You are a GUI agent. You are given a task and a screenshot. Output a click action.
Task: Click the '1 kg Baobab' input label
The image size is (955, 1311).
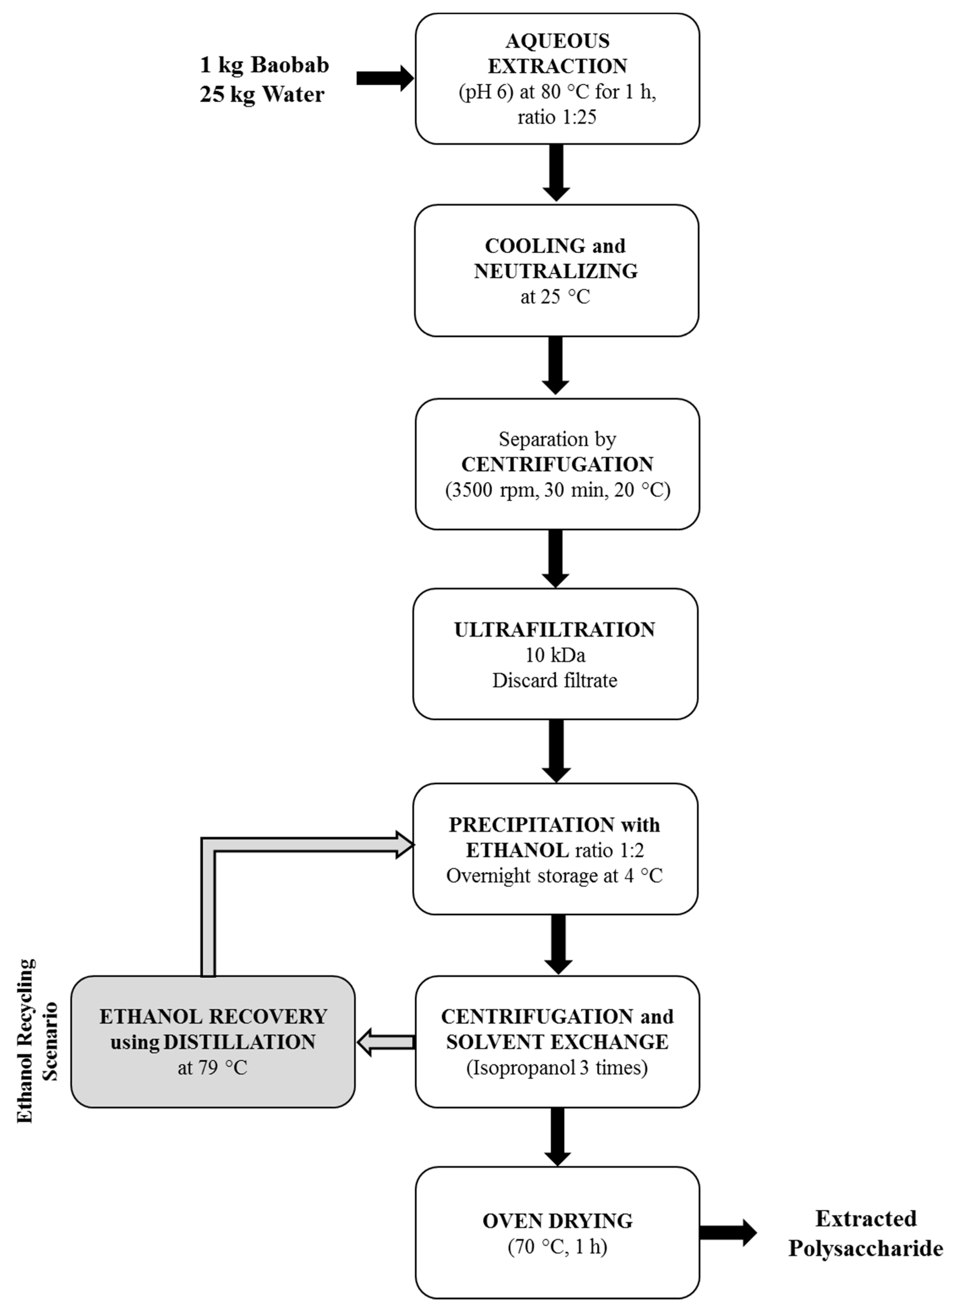[x=264, y=65]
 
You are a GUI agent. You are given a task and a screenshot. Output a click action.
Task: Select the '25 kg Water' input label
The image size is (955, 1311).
[x=262, y=94]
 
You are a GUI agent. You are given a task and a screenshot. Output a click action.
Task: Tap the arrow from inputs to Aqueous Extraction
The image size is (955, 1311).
[x=384, y=78]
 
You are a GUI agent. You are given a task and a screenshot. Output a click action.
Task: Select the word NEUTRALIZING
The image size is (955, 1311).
[x=556, y=271]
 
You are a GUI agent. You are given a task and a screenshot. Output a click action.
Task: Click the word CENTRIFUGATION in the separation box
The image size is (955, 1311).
[x=557, y=464]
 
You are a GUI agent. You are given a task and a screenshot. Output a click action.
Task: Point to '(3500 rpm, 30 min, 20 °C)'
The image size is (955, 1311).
[x=557, y=490]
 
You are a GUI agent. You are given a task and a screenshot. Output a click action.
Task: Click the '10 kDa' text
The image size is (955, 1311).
[x=555, y=655]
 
